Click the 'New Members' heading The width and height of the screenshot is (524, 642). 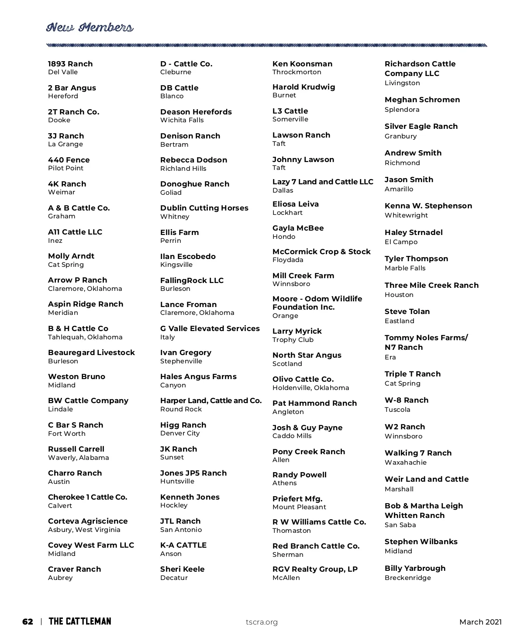pos(90,28)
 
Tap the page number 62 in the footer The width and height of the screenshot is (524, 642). pos(28,622)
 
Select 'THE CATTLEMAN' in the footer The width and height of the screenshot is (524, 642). pos(80,621)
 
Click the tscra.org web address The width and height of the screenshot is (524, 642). pos(262,622)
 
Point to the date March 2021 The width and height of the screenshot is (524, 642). pos(480,622)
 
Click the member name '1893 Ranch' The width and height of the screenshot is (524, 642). pos(70,64)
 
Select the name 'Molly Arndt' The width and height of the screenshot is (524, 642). pos(71,256)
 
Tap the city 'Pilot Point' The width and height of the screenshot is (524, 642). pos(65,168)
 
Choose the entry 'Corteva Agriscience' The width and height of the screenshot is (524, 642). pos(88,521)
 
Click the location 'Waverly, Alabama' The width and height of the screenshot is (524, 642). pos(79,458)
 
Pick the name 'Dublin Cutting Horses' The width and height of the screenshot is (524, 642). pos(204,208)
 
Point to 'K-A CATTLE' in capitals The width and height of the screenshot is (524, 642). pos(183,545)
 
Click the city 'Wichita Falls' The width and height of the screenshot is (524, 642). pos(182,120)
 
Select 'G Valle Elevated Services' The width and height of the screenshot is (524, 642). pos(210,328)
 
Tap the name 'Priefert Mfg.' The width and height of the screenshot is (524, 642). pos(297,499)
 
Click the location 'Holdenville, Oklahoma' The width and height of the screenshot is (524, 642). pos(311,388)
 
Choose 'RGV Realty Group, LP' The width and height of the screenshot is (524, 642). pos(315,569)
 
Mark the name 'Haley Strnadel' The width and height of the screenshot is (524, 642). pos(414,232)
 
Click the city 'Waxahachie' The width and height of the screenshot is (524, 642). pos(406,463)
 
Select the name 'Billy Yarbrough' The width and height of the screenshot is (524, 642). pos(415,568)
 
